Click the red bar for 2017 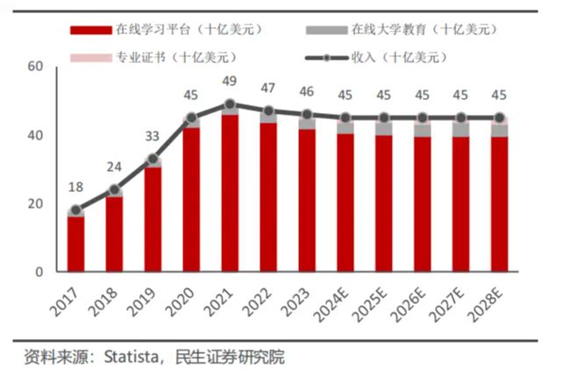[x=76, y=244]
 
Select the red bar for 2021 [x=230, y=193]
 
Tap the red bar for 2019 [x=153, y=219]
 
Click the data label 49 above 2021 [x=230, y=82]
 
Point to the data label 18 [x=76, y=187]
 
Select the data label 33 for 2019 [x=153, y=137]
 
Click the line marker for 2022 [x=268, y=111]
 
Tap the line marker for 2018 [x=114, y=189]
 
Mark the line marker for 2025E [x=383, y=117]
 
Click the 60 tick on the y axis [x=36, y=67]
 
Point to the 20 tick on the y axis [x=36, y=203]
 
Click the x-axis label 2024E [x=336, y=302]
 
